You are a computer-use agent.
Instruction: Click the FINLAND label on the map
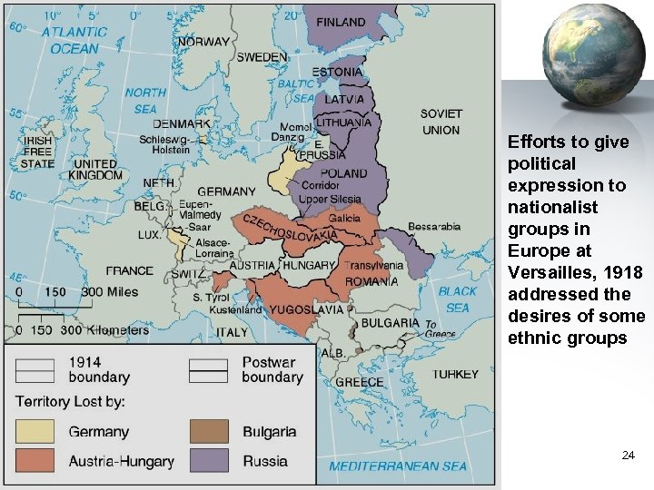point(340,22)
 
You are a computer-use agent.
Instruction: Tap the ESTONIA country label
point(338,72)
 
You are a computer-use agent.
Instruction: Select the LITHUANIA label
point(344,122)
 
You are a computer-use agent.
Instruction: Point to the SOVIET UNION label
point(441,122)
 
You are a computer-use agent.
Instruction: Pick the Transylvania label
point(372,266)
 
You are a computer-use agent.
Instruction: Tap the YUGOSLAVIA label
point(307,309)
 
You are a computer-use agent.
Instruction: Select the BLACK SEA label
point(457,299)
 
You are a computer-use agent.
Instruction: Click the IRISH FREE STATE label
point(38,152)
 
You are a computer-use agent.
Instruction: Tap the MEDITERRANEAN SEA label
point(398,466)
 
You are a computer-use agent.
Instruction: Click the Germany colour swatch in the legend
point(35,432)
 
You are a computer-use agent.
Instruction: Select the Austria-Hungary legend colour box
point(35,461)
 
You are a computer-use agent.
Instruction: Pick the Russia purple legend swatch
point(209,461)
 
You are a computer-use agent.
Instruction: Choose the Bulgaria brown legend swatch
point(209,432)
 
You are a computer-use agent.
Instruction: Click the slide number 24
point(628,456)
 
